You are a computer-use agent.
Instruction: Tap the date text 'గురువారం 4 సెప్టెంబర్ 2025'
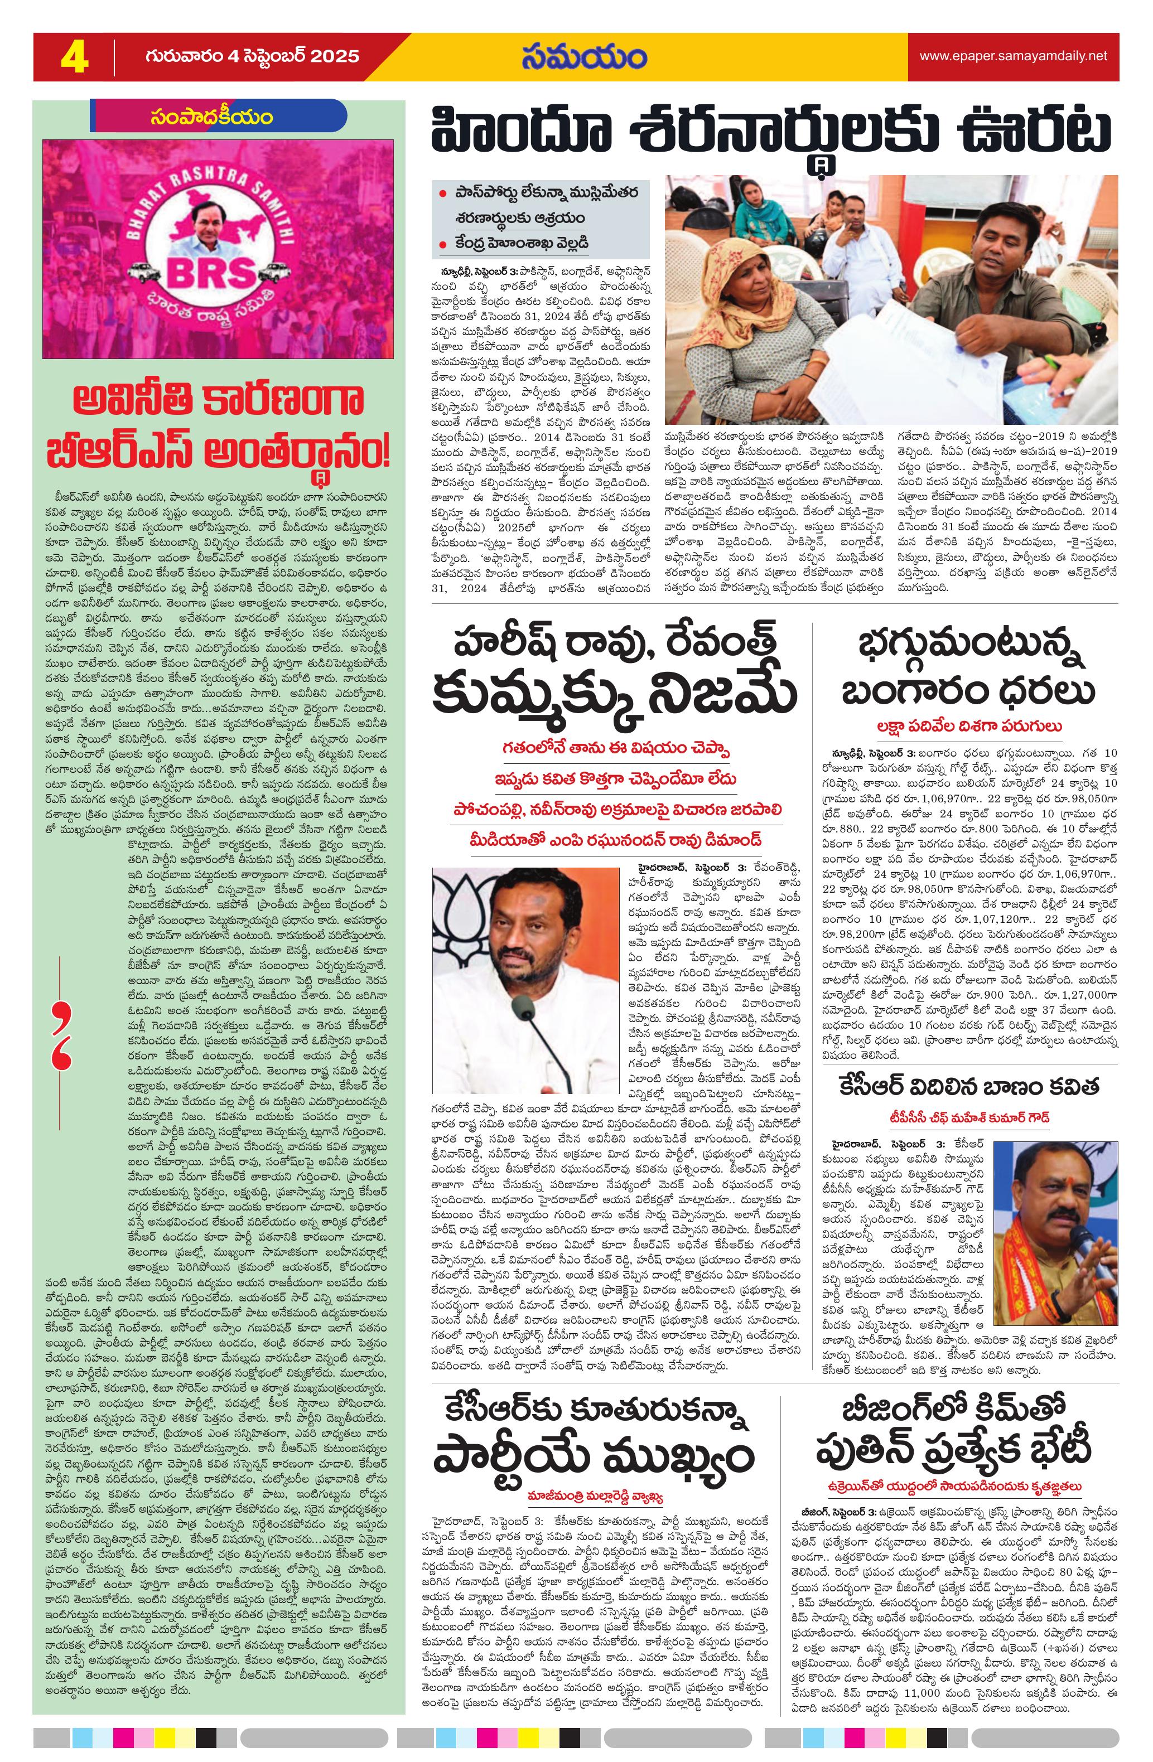[x=252, y=57]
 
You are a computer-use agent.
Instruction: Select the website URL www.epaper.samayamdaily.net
[x=1013, y=56]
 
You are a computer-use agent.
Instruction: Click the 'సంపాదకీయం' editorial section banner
[x=210, y=117]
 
